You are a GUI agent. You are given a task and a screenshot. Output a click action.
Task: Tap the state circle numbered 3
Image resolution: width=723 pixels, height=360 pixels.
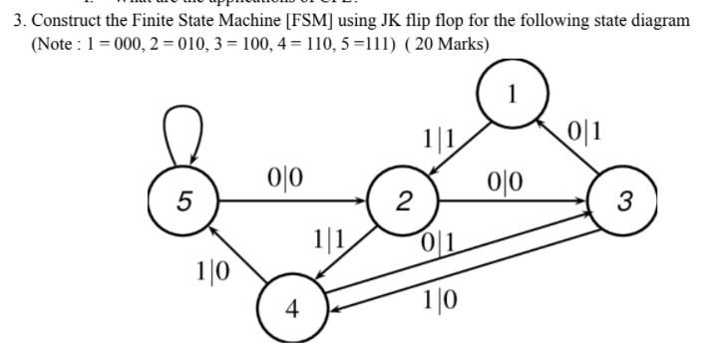623,202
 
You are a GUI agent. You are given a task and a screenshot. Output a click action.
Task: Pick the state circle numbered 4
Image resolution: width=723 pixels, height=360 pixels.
290,308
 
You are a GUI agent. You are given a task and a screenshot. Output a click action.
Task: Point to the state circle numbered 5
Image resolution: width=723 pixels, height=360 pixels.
181,202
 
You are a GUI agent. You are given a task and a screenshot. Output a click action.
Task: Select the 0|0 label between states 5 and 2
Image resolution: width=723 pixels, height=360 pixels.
286,180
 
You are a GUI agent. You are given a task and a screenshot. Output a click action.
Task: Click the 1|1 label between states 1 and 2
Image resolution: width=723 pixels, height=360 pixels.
439,140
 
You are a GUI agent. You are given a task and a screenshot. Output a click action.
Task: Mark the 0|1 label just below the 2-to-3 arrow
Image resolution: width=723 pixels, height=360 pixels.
440,240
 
